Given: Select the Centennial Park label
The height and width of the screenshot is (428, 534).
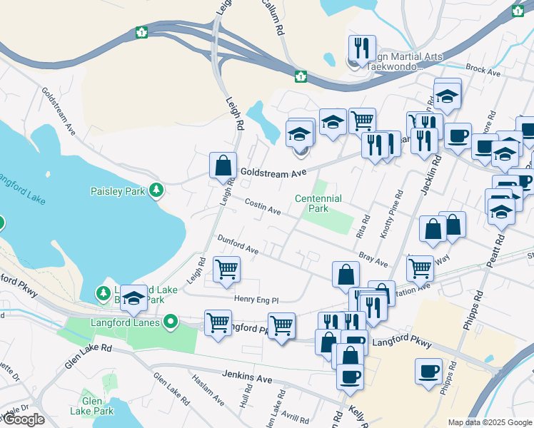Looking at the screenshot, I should point(318,203).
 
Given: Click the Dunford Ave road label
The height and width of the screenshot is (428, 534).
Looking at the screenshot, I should point(238,245).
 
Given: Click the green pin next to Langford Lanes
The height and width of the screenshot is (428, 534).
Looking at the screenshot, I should point(170,323).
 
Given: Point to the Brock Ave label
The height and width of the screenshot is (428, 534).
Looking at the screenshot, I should point(483,71).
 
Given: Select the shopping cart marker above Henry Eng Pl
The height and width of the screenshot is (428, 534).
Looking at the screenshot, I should point(227,270).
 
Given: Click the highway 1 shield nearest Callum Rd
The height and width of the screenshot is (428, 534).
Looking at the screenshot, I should point(301,76).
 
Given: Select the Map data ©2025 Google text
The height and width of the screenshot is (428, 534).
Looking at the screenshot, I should point(490,422).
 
